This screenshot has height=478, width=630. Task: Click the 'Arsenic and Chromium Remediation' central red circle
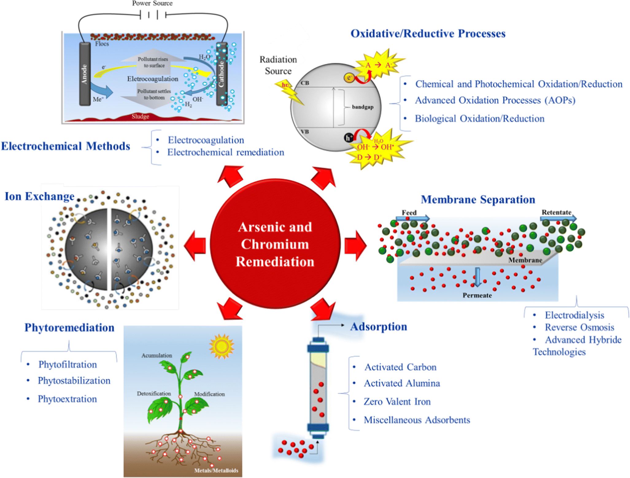275,244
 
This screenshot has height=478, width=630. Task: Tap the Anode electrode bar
85,74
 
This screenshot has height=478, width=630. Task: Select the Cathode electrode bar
221,74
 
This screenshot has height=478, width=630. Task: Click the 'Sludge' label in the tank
140,116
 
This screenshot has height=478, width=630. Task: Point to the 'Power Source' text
152,3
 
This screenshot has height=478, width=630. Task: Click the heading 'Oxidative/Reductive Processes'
428,34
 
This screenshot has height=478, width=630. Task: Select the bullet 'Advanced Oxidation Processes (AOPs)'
495,101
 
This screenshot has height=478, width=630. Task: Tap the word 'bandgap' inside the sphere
362,107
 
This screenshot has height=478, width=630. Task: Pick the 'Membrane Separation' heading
478,200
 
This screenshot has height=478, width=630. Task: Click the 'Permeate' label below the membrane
477,295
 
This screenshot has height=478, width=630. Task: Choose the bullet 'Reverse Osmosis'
579,327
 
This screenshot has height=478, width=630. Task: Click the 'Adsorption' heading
378,327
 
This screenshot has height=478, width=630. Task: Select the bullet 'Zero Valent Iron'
397,402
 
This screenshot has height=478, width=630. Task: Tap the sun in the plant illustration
221,346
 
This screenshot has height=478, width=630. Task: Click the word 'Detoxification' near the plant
154,393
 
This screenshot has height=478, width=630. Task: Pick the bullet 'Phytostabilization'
74,381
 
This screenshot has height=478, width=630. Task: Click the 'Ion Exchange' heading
40,196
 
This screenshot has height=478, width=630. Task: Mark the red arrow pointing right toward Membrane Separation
355,246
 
